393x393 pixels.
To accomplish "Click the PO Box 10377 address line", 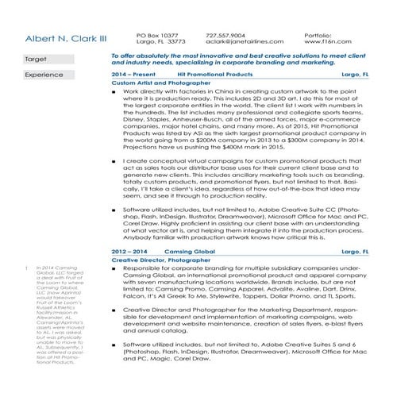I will [x=157, y=35].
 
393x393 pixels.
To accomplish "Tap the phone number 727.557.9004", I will [x=225, y=35].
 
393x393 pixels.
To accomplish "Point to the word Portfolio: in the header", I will [x=317, y=35].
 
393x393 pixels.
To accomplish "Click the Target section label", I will [x=37, y=60].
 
